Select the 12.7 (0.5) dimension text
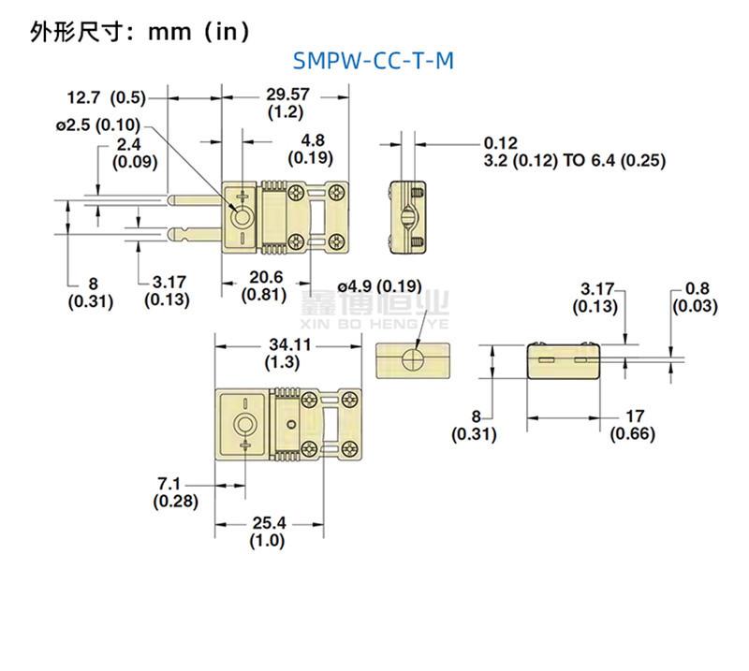click(x=106, y=96)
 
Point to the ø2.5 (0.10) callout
click(x=98, y=125)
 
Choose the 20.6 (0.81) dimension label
click(x=265, y=284)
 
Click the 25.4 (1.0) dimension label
click(x=267, y=532)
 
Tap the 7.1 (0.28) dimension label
click(x=175, y=492)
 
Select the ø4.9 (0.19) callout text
click(x=379, y=285)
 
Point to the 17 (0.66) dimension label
click(x=633, y=425)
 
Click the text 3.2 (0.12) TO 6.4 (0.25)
click(x=574, y=161)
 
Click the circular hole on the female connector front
click(x=243, y=426)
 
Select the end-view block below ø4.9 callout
click(x=413, y=359)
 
